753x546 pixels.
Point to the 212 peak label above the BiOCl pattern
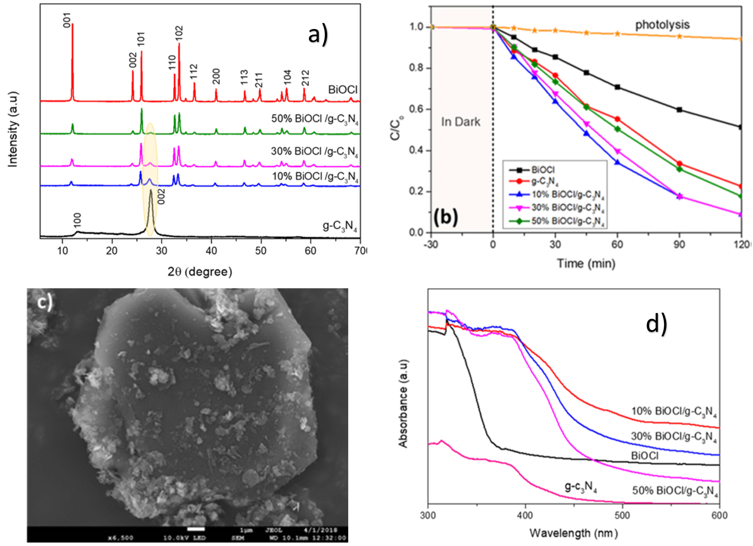tap(306, 78)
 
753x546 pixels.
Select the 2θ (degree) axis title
tap(199, 272)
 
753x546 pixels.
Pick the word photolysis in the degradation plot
tap(662, 25)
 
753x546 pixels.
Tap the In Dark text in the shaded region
tap(460, 122)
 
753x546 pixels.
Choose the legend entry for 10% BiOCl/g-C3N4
tap(568, 195)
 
